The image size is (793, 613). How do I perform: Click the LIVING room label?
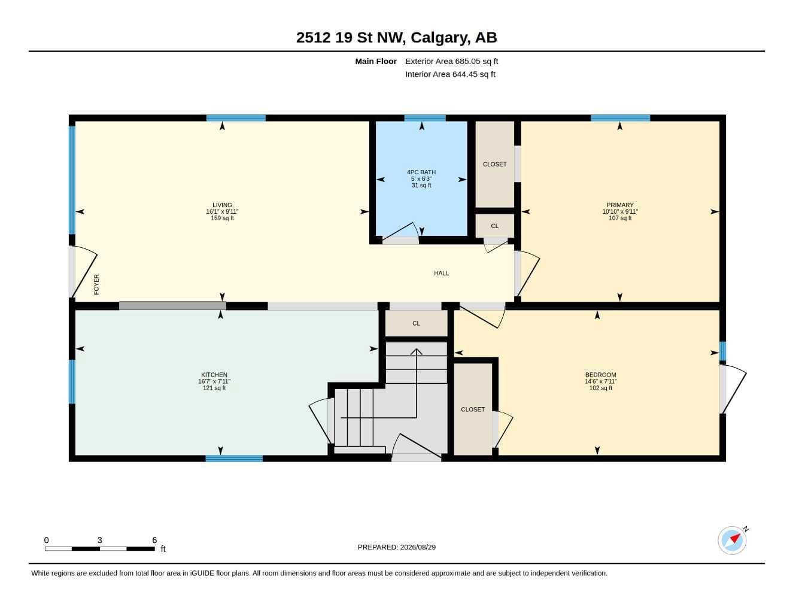click(222, 205)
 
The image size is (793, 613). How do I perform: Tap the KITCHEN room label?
click(214, 375)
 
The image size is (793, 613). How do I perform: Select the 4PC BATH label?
click(421, 172)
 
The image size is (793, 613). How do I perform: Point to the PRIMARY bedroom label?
click(620, 205)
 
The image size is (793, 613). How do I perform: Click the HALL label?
click(441, 273)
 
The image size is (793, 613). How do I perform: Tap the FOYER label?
click(96, 284)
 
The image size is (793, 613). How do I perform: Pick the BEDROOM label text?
click(601, 375)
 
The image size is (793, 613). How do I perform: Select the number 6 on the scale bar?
click(154, 540)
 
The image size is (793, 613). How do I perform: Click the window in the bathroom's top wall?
click(425, 118)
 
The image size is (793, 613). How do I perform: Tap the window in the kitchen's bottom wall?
click(234, 459)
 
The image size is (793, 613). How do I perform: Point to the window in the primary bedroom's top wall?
click(621, 118)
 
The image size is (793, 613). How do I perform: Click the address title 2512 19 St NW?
click(351, 38)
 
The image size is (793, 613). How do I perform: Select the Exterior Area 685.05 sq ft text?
click(451, 61)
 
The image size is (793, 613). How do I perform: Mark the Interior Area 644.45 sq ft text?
click(450, 74)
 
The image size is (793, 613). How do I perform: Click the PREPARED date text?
click(397, 547)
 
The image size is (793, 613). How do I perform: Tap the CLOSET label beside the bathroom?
click(494, 164)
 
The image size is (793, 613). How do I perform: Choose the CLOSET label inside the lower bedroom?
click(473, 409)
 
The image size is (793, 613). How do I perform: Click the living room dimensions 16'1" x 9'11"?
click(222, 211)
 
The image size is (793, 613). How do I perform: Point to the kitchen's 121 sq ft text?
click(214, 388)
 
